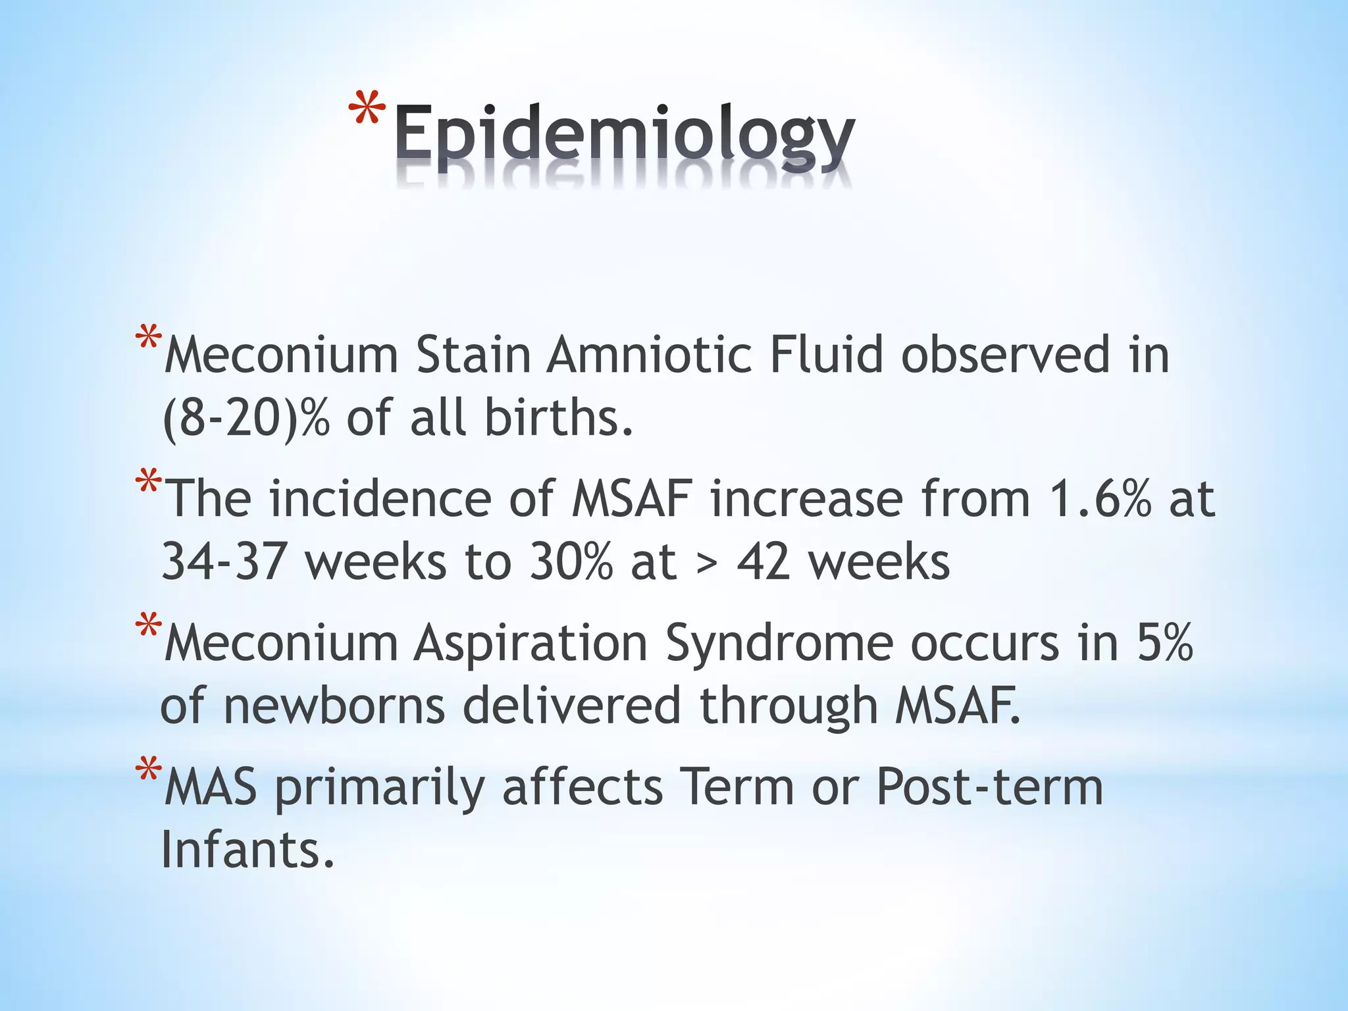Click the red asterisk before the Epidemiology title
tap(367, 109)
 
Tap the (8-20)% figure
tap(245, 419)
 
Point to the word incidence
tap(380, 499)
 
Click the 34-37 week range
tap(223, 562)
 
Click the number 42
tap(764, 563)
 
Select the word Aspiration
tap(531, 643)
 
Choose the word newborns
tap(334, 706)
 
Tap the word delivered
tap(571, 706)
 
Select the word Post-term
tap(989, 787)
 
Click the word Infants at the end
tap(247, 850)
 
